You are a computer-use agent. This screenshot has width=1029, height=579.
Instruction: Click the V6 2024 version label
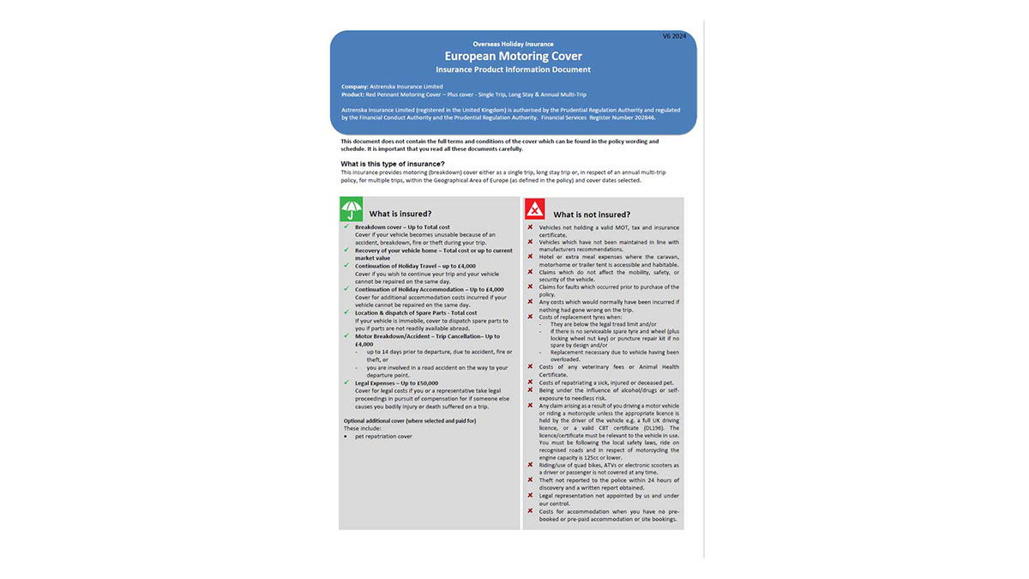(x=674, y=36)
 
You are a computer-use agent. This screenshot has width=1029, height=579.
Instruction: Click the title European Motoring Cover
(x=513, y=56)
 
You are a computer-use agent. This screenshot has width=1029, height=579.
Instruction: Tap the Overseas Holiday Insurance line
(x=513, y=44)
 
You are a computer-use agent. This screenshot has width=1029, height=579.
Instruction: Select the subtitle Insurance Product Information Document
(x=513, y=69)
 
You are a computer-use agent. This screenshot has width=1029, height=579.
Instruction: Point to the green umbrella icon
(x=352, y=209)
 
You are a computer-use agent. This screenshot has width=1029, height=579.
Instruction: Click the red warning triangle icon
(x=535, y=209)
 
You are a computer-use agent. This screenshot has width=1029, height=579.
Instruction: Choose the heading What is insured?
(x=400, y=214)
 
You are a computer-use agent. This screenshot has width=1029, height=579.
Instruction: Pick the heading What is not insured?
(x=592, y=214)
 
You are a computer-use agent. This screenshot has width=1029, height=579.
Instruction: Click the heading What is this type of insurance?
(x=392, y=164)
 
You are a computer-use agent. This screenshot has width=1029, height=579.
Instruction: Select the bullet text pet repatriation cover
(x=383, y=436)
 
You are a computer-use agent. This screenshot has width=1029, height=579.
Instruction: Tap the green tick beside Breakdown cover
(x=346, y=227)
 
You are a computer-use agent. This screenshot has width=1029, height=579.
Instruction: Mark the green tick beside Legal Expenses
(x=346, y=383)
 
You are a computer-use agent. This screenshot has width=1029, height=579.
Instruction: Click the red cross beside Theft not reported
(x=530, y=480)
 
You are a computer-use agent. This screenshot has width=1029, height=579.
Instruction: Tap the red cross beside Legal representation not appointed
(x=530, y=496)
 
